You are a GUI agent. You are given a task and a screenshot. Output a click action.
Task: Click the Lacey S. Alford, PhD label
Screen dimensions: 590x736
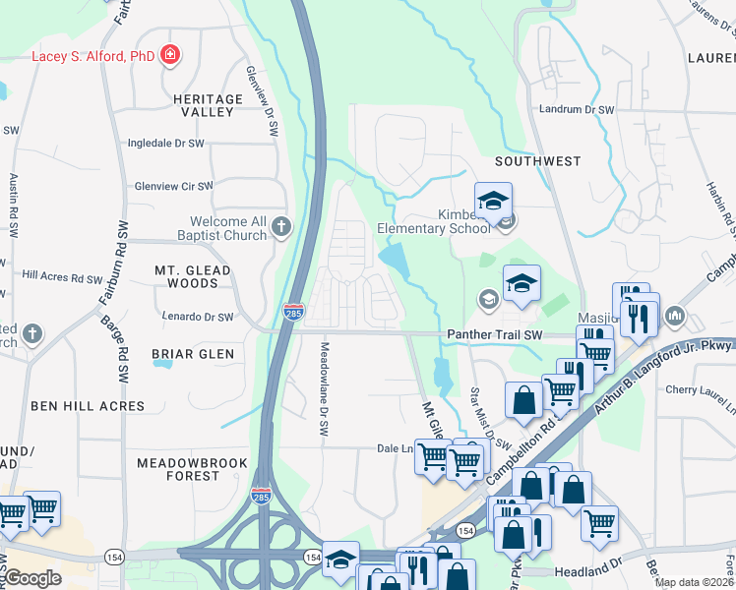point(93,55)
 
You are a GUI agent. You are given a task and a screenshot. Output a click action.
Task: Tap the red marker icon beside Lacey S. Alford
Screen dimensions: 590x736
point(170,54)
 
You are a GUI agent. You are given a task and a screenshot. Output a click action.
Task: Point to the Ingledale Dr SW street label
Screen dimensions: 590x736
point(165,144)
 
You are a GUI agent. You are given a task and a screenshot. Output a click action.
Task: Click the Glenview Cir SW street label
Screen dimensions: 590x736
point(173,186)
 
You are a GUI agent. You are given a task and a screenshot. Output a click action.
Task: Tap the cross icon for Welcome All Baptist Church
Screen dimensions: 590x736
point(281,228)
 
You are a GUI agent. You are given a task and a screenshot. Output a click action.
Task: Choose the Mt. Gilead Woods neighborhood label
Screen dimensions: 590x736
point(193,276)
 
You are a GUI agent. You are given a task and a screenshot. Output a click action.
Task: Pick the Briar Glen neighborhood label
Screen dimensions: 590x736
point(192,354)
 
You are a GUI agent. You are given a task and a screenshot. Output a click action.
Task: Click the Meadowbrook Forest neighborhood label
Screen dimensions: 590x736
point(192,468)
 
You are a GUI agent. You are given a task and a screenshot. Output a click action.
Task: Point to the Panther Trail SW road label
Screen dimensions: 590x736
point(495,335)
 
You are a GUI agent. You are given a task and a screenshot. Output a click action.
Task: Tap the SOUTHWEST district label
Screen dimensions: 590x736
point(538,160)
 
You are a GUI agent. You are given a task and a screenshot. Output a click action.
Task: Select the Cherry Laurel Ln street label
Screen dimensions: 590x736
point(700,390)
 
